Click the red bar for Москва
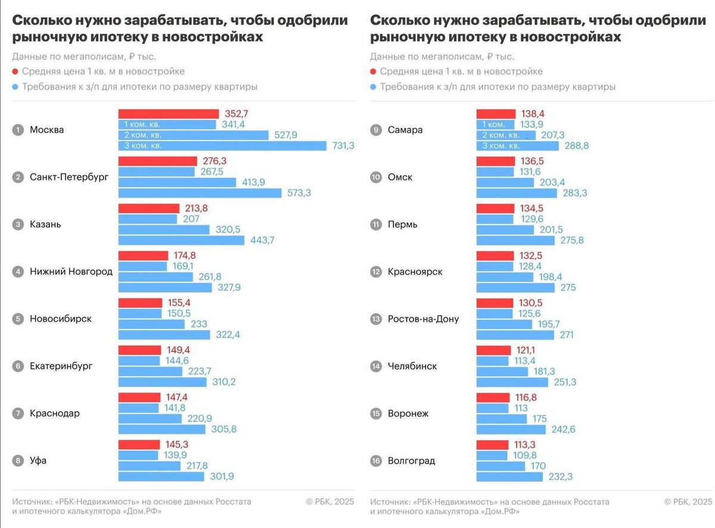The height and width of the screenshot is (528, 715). tap(169, 114)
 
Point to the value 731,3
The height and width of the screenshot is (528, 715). tap(342, 146)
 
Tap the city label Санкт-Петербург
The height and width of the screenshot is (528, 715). tap(69, 177)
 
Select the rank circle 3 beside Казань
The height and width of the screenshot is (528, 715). tap(18, 225)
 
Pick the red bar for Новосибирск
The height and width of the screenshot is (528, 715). tap(140, 303)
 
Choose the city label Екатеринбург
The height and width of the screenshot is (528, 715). tap(61, 366)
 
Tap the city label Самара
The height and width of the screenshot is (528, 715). tap(405, 130)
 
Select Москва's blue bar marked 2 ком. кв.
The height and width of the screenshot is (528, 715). tap(194, 135)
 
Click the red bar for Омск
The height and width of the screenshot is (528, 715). tap(496, 161)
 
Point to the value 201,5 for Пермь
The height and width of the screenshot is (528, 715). tap(551, 230)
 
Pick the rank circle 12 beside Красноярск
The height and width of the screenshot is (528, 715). tap(375, 272)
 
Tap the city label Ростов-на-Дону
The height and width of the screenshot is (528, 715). tap(423, 319)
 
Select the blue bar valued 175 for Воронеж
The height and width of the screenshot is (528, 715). tap(502, 419)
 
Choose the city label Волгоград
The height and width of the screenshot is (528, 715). tap(411, 461)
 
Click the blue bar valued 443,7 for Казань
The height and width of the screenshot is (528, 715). tap(181, 240)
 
